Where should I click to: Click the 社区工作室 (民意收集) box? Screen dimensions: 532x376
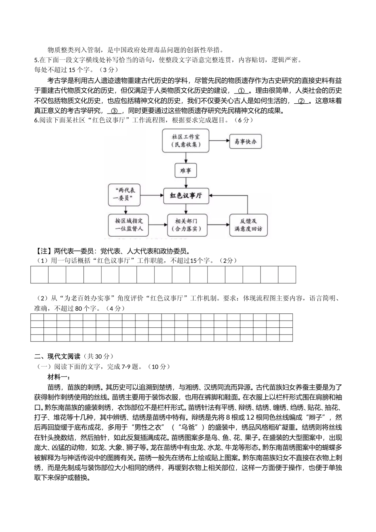click(x=186, y=141)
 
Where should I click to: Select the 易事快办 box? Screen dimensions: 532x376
click(x=245, y=141)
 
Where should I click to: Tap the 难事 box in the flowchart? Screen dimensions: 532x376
click(x=186, y=171)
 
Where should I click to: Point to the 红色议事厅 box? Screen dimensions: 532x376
click(x=186, y=196)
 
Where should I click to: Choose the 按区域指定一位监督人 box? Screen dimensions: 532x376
click(x=129, y=225)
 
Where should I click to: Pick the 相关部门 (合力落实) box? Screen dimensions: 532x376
click(x=186, y=225)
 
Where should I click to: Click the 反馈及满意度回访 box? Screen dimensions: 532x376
click(x=248, y=225)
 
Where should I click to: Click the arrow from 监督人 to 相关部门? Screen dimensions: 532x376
click(x=157, y=225)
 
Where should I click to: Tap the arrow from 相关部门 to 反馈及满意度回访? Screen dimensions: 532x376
click(x=218, y=225)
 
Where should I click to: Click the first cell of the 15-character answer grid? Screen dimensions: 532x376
click(x=40, y=275)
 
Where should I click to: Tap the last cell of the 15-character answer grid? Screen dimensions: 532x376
click(x=287, y=275)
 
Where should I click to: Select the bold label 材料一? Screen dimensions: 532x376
click(x=59, y=377)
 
